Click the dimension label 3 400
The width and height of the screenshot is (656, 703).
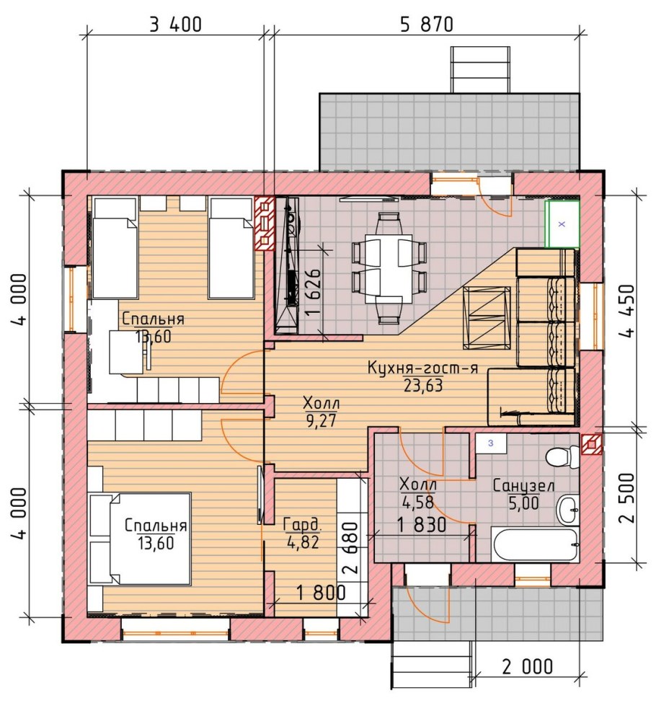pyautogui.click(x=175, y=25)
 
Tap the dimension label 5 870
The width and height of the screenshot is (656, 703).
pyautogui.click(x=426, y=25)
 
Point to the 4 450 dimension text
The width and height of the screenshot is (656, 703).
pyautogui.click(x=627, y=311)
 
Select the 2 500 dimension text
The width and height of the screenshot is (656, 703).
pyautogui.click(x=627, y=498)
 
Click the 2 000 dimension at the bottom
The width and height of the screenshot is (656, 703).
pyautogui.click(x=527, y=667)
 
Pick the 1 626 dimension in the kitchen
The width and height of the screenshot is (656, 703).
pyautogui.click(x=314, y=293)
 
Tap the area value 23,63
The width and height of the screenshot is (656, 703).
pyautogui.click(x=423, y=385)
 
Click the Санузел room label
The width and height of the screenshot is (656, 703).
pyautogui.click(x=524, y=485)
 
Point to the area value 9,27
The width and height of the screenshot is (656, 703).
pyautogui.click(x=321, y=420)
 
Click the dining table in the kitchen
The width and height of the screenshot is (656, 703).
pyautogui.click(x=389, y=268)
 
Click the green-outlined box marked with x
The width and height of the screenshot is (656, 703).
pyautogui.click(x=562, y=224)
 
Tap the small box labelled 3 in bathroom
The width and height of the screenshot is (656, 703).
pyautogui.click(x=491, y=443)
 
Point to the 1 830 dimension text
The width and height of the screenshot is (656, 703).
pyautogui.click(x=422, y=525)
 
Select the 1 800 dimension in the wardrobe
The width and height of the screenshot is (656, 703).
pyautogui.click(x=322, y=593)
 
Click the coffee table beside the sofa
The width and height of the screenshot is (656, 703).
pyautogui.click(x=487, y=317)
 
